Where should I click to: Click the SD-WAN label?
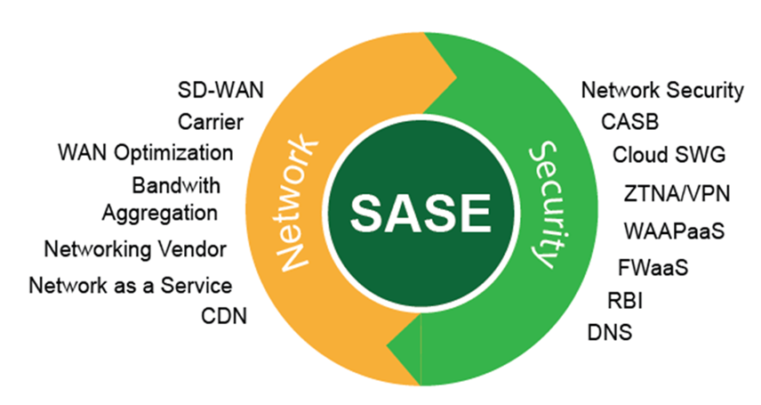(x=220, y=90)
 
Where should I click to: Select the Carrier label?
(x=210, y=122)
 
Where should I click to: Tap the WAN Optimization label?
(x=146, y=153)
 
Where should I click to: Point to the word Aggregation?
(x=160, y=214)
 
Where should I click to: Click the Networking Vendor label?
(x=135, y=249)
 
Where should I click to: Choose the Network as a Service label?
(x=130, y=286)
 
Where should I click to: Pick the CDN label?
(x=224, y=316)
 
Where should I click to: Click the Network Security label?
(x=662, y=91)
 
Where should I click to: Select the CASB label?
(x=630, y=122)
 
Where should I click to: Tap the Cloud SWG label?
(x=669, y=155)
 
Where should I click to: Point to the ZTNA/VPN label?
(x=677, y=193)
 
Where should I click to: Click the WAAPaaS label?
(x=674, y=231)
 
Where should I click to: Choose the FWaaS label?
(x=653, y=267)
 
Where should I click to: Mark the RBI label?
(x=625, y=301)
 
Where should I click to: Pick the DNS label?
(x=610, y=333)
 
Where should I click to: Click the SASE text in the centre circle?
(x=421, y=213)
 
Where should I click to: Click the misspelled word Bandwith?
(x=176, y=186)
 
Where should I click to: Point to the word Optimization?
(x=173, y=154)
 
